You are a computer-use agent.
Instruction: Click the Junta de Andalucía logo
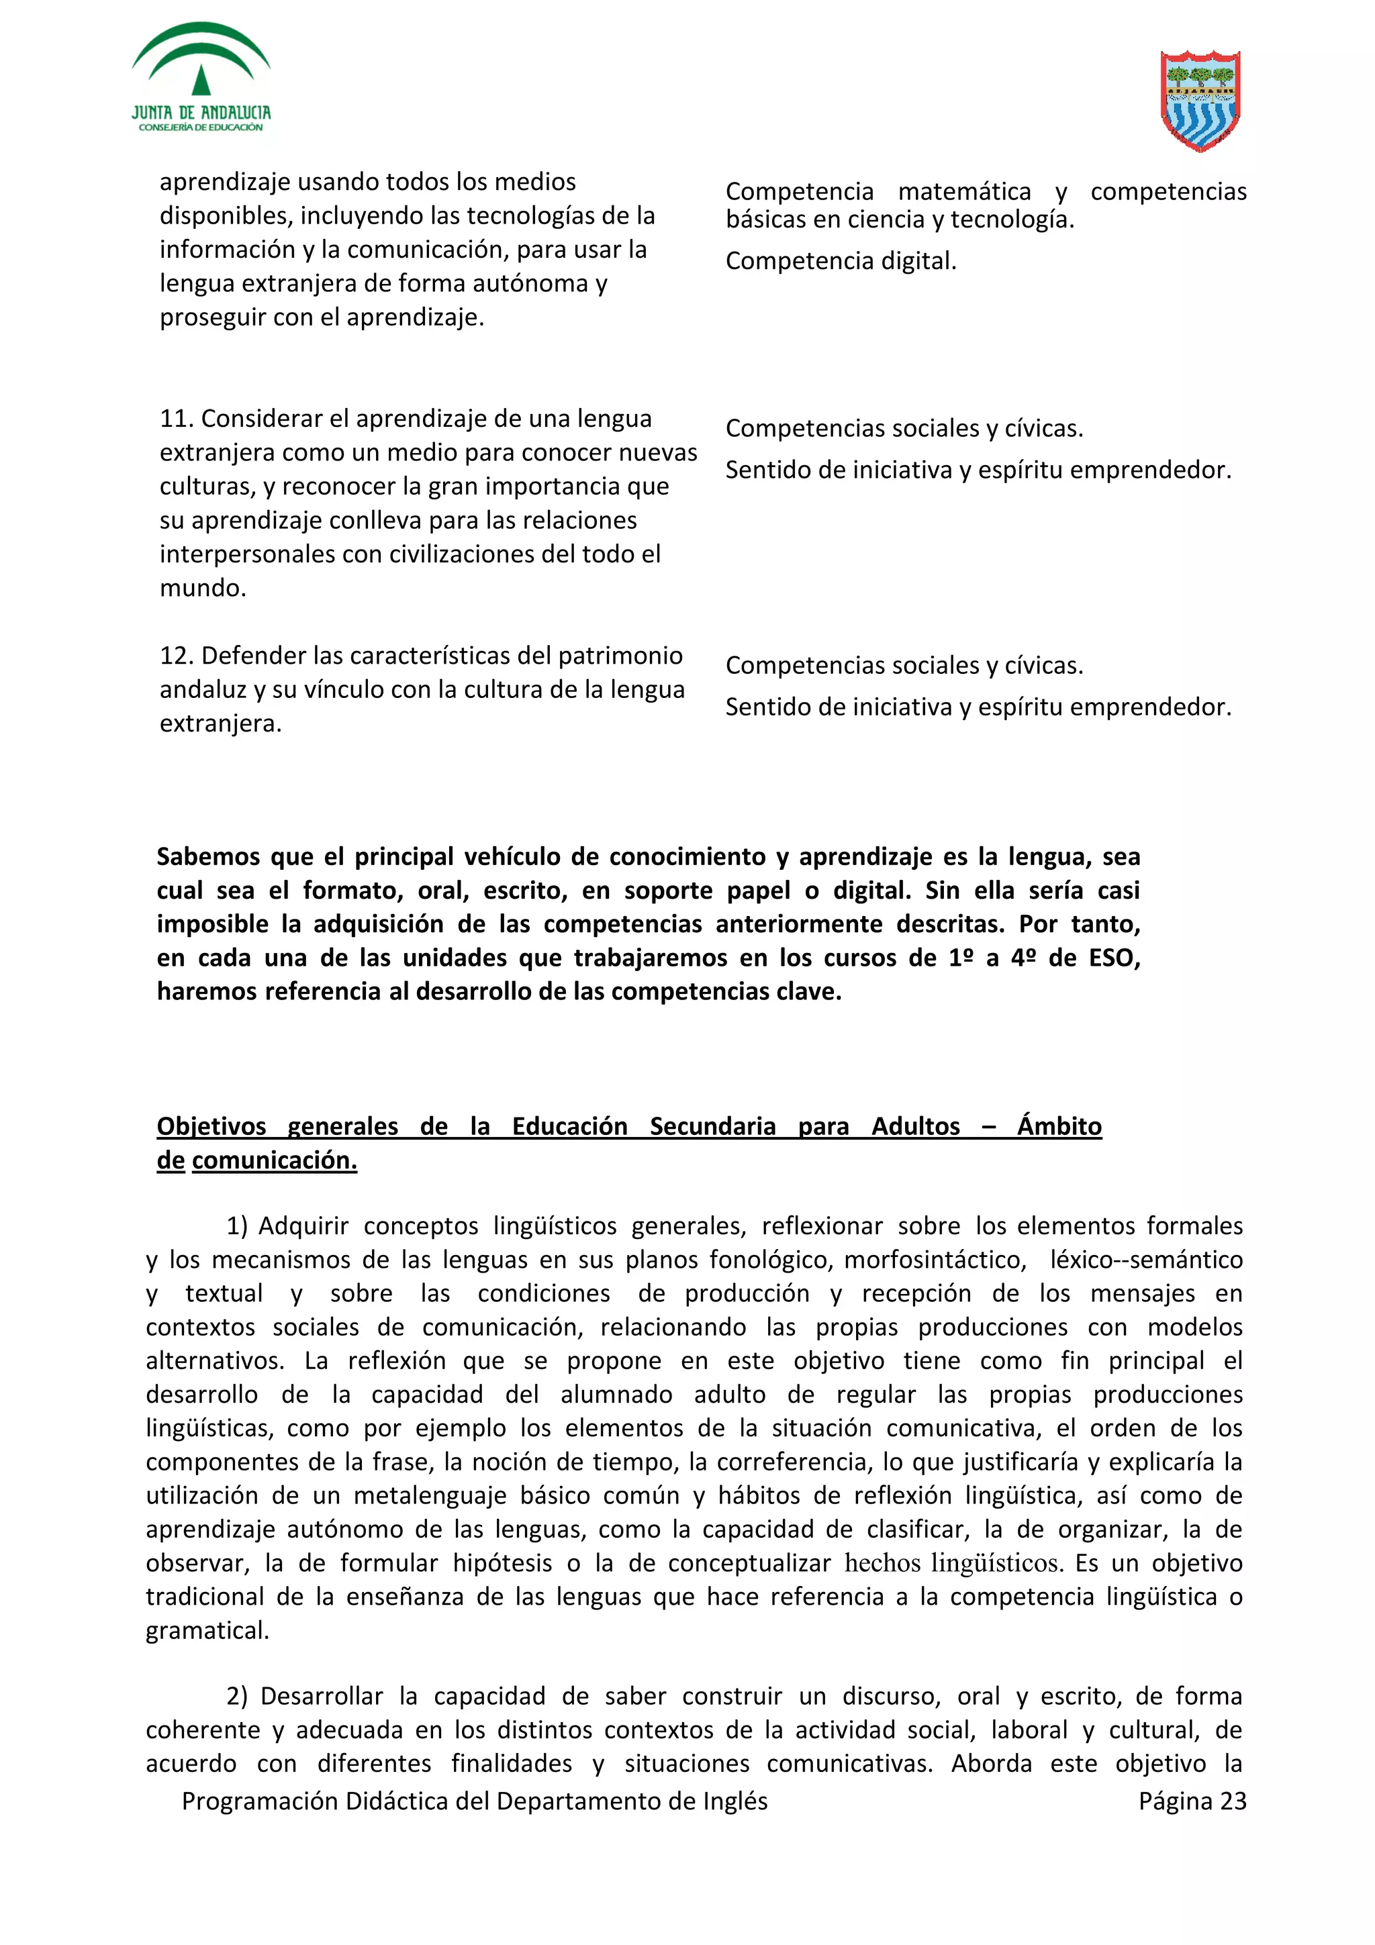pos(201,78)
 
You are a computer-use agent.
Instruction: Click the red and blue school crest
pos(1200,100)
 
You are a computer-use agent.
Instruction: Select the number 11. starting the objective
pos(177,419)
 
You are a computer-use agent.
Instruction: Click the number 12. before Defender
pos(177,656)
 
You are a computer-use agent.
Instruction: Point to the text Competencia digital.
pos(841,261)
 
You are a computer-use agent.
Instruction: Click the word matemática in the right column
pos(964,193)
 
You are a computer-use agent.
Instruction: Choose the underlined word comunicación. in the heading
pos(275,1160)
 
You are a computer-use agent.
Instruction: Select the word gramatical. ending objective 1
pos(207,1630)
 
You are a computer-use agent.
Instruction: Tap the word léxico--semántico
pos(1145,1260)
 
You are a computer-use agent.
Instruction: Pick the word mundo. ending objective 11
pos(203,588)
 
